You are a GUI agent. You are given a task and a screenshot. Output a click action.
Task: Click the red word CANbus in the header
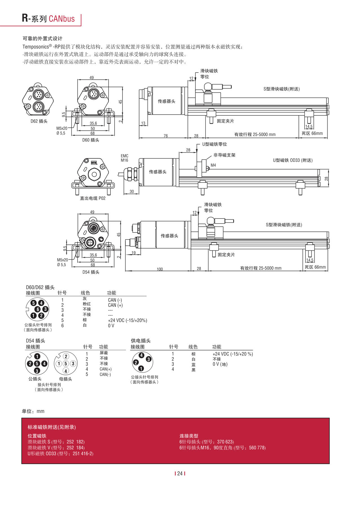[62, 19]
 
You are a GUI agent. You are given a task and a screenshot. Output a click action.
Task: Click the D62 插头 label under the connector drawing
[39, 121]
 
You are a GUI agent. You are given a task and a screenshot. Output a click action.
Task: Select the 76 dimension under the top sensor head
[166, 136]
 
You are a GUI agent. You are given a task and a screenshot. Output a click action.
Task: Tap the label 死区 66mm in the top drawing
[312, 133]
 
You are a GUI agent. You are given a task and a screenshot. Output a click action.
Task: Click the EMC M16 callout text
[124, 158]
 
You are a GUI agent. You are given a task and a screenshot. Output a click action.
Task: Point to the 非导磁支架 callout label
[224, 155]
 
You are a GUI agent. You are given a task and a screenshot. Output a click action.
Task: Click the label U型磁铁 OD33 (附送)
[293, 160]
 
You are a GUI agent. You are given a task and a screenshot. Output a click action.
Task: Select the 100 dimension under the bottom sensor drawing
[160, 269]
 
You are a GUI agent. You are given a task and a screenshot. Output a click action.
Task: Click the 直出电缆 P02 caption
[93, 198]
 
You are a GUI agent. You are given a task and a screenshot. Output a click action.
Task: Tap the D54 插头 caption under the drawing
[91, 272]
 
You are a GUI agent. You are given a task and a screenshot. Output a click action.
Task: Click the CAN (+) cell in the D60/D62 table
[115, 305]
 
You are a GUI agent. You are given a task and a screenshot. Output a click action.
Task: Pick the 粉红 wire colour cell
[87, 304]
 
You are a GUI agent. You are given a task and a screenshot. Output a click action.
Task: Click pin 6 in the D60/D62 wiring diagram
[38, 309]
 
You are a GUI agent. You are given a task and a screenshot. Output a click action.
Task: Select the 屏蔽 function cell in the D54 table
[104, 353]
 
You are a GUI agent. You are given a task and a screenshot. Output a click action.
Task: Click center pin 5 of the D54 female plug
[65, 364]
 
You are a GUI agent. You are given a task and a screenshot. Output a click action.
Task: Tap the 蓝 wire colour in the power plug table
[193, 364]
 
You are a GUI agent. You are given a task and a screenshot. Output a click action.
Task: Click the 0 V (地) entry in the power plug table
[220, 364]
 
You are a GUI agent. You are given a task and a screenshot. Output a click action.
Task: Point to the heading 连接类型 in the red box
[189, 436]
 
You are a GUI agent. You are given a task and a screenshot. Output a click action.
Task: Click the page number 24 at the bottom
[180, 473]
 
